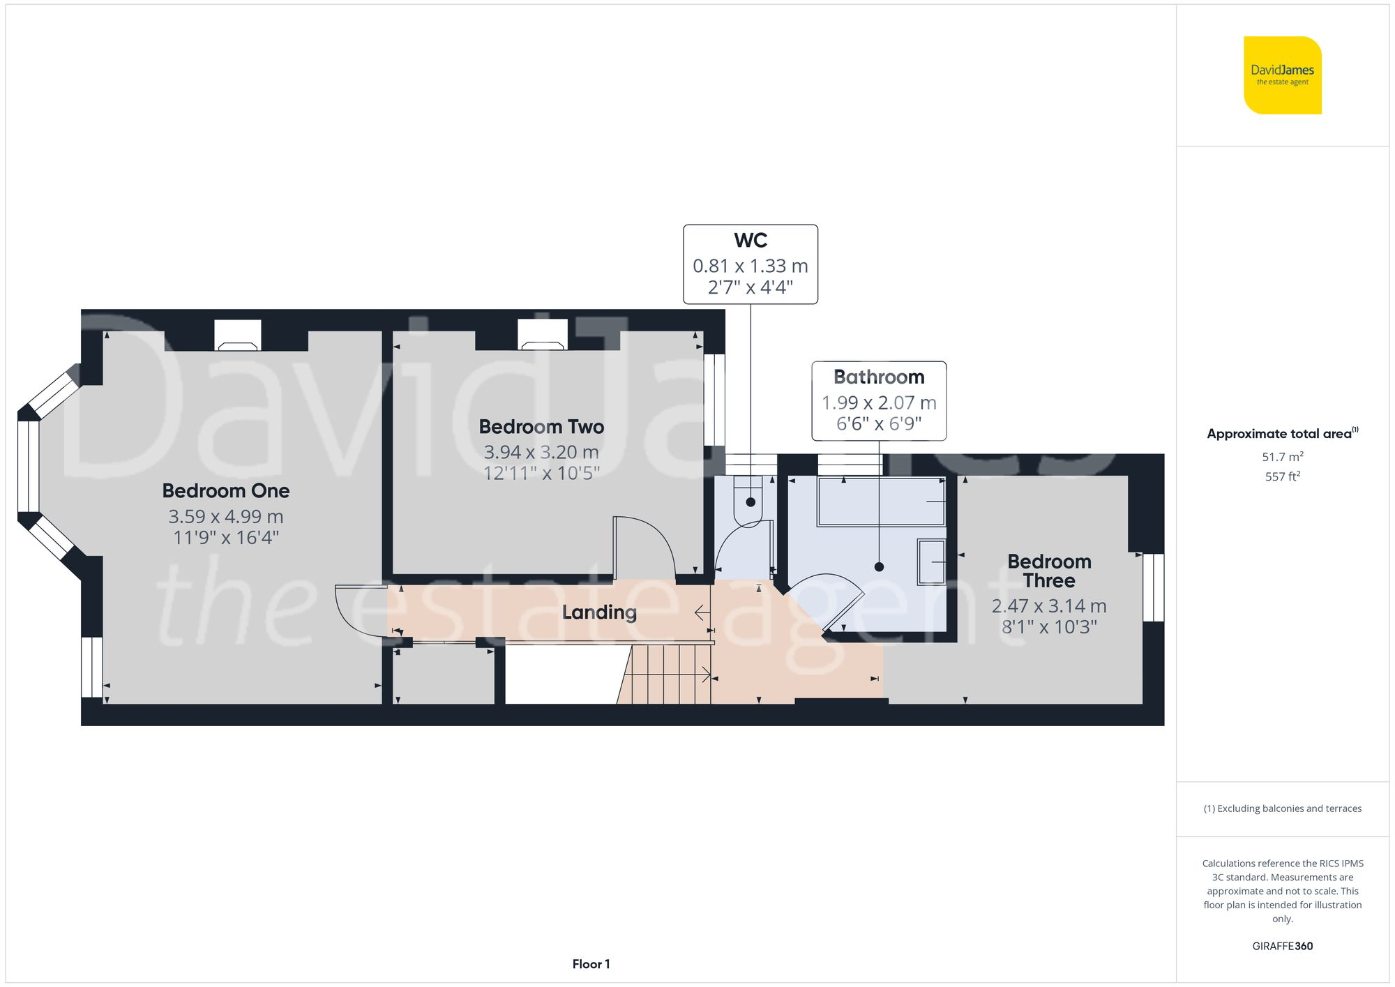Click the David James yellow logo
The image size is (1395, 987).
(1282, 75)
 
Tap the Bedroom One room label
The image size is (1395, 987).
(225, 491)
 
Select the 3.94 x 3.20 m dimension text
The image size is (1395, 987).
(541, 452)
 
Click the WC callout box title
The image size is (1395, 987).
(751, 241)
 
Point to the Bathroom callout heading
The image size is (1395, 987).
(879, 377)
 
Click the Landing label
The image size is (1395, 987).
(599, 612)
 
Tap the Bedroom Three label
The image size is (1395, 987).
(1049, 571)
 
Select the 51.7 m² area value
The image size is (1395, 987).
(1282, 457)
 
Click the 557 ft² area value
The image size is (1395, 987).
(1282, 476)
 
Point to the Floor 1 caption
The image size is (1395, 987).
(591, 964)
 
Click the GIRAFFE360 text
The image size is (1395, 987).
(1282, 946)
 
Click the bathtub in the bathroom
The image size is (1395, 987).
(881, 502)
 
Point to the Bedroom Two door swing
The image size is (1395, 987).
(643, 548)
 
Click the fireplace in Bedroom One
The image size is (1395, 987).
(237, 336)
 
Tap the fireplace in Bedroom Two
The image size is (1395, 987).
(542, 336)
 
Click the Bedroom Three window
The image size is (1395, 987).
(1152, 587)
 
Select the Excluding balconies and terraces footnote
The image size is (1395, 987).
(1282, 808)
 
